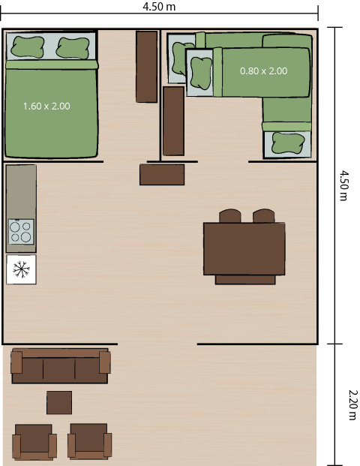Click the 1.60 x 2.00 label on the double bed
46,107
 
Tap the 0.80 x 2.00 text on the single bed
263,71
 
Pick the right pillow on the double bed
73,47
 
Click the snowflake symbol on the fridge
21,269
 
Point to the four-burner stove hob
21,231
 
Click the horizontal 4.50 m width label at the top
159,7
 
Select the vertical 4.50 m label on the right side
343,185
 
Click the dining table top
244,248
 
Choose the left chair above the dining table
229,216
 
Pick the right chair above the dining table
263,216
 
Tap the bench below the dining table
244,280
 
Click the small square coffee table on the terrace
59,402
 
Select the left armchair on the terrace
34,441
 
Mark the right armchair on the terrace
89,441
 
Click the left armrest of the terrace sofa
17,362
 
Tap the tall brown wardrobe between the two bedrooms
146,66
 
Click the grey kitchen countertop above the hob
21,191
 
